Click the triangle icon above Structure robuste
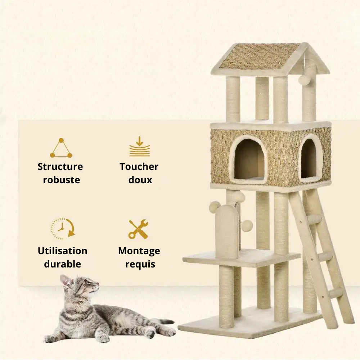[61, 148]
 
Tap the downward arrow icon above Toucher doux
[139, 147]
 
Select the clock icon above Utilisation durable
[62, 229]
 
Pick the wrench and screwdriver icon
[138, 229]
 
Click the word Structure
[60, 167]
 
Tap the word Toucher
[139, 167]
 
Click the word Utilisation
[62, 251]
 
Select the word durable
[62, 264]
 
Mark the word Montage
[139, 251]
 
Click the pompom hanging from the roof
[304, 80]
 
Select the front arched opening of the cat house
[249, 159]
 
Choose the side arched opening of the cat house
[309, 158]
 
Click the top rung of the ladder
[314, 219]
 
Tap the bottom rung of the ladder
[336, 293]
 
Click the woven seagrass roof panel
[259, 56]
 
